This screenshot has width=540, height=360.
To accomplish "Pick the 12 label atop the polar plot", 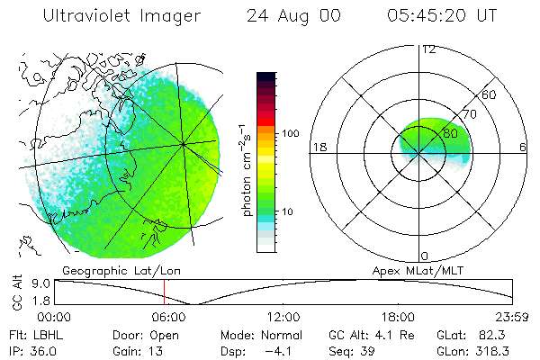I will (x=428, y=49).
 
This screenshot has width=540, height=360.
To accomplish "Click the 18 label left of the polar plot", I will (x=319, y=147).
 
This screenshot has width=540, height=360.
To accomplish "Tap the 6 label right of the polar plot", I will (x=523, y=147).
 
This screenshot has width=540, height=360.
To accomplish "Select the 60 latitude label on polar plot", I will (x=490, y=94).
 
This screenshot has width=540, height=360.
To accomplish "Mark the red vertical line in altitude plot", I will (x=165, y=292).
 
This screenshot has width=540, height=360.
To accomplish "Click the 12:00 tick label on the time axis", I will (x=283, y=317).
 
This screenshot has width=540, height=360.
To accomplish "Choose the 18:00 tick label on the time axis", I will (x=398, y=317).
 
